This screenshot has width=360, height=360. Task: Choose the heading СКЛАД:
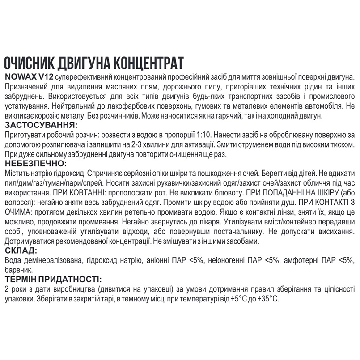20,250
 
